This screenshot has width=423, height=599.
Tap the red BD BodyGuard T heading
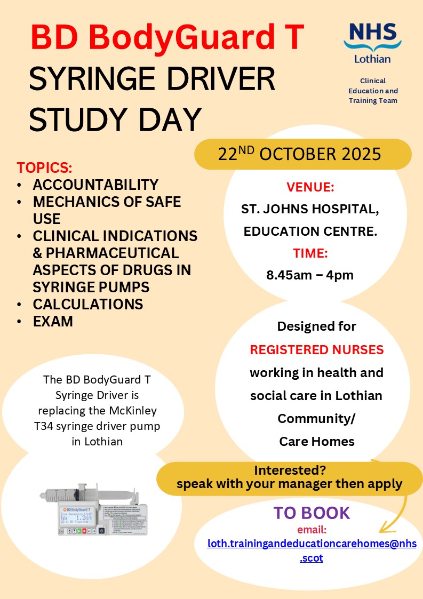[167, 37]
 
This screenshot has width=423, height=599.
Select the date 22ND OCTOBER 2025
[300, 154]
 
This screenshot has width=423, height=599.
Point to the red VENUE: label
[310, 187]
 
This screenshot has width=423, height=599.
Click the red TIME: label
[310, 253]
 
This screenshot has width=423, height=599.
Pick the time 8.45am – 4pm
[310, 275]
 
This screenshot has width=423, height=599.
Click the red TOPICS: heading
[44, 167]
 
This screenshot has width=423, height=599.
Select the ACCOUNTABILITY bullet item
[95, 185]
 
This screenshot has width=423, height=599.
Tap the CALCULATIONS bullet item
[87, 304]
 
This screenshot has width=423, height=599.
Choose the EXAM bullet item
[53, 321]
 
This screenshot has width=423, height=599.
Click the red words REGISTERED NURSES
[317, 350]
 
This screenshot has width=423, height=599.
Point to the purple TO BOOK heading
[312, 513]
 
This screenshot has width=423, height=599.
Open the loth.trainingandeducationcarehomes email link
[312, 544]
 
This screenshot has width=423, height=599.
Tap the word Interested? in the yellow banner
[290, 471]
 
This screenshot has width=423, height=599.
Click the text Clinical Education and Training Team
[373, 91]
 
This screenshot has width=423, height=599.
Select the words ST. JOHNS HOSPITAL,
[310, 210]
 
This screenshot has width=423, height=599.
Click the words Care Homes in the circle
[317, 441]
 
